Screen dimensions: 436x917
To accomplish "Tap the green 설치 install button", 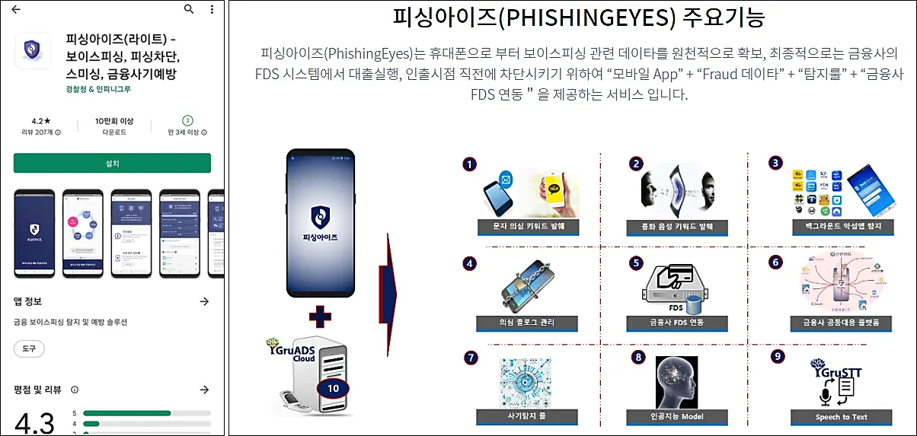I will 112,163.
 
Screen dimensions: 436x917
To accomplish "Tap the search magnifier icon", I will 189,10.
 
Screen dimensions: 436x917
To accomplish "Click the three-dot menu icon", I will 212,10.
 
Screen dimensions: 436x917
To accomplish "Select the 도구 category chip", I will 29,348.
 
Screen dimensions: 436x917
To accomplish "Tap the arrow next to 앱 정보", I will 204,302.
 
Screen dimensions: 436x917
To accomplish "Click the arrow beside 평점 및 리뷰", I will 204,390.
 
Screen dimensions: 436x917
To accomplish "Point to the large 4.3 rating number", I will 34,422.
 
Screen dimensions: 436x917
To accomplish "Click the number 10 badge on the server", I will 333,387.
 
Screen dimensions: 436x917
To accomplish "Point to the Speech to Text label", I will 841,417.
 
